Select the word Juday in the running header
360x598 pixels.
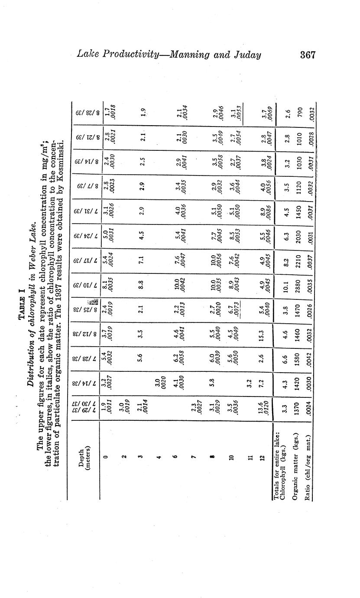(246, 55)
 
